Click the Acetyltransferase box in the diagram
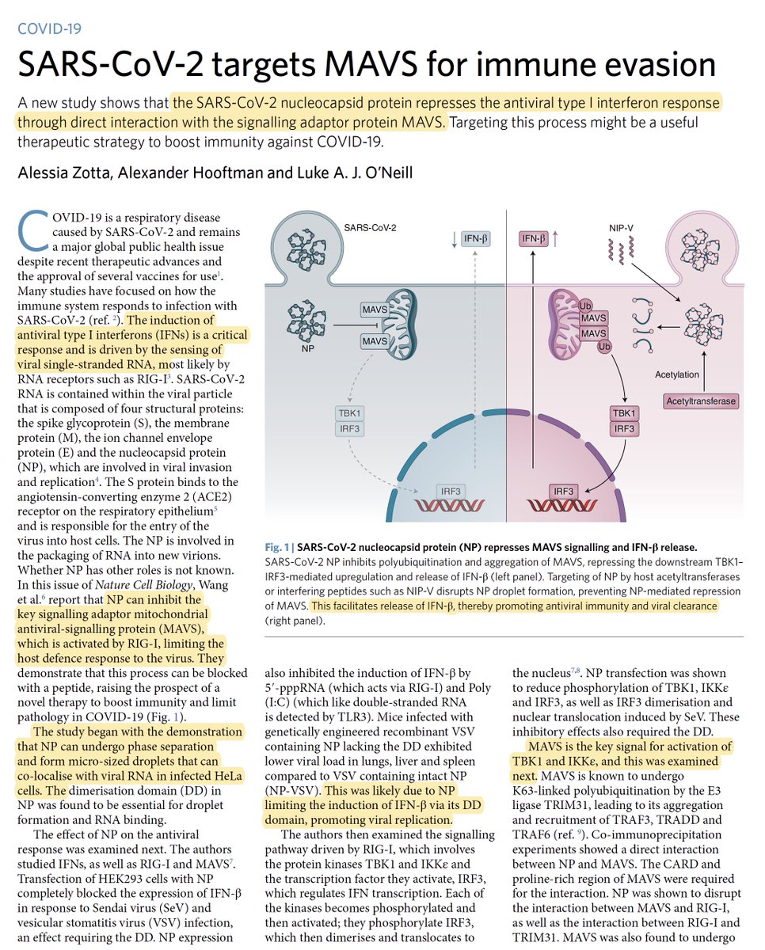tap(699, 401)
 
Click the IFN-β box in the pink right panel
tap(535, 237)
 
